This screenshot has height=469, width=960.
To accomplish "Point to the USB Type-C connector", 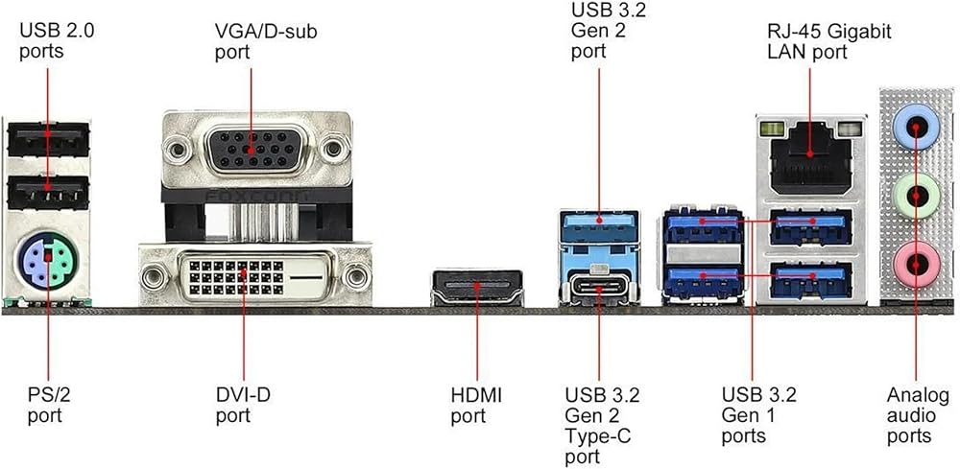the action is click(598, 287).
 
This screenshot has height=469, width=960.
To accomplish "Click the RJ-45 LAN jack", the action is click(810, 156).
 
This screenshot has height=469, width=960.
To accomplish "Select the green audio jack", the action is click(915, 197).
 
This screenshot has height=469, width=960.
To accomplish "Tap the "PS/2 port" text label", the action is click(45, 405).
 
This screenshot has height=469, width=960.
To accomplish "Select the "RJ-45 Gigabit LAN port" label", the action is click(828, 41).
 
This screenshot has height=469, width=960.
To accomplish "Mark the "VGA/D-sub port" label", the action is click(266, 41).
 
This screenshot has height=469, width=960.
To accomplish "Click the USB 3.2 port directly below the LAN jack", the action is click(812, 225).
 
